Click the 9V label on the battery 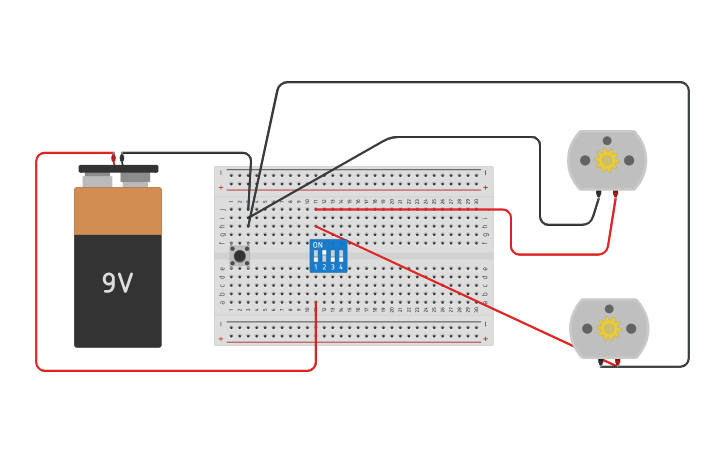point(117,284)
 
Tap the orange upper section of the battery point(117,211)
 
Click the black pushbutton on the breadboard point(240,256)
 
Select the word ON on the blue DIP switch point(318,245)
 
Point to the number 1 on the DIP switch point(316,267)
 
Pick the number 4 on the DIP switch point(341,267)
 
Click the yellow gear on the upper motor point(607,160)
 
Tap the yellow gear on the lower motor point(609,328)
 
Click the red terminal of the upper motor point(616,194)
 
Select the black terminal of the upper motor point(599,194)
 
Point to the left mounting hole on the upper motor point(585,160)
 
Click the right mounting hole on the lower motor point(631,328)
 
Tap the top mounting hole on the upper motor point(607,141)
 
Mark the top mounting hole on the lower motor point(609,309)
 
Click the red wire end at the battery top point(113,157)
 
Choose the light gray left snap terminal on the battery point(97,180)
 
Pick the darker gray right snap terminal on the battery point(136,178)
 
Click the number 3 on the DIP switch point(333,267)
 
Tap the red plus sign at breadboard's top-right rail point(486,187)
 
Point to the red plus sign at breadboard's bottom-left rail point(221,339)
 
